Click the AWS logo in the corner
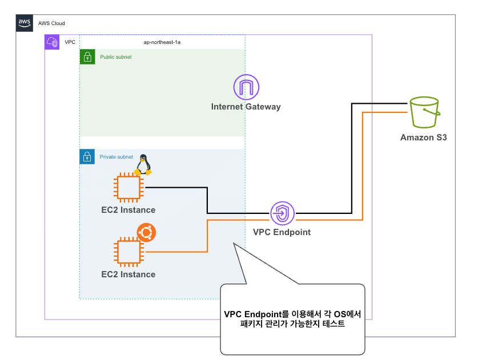coord(24,23)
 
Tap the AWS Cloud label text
coord(51,23)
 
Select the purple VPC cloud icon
coord(52,42)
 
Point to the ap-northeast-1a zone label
coord(162,42)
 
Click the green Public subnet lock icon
coord(87,56)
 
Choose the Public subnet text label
coord(116,57)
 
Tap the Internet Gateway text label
coord(246,107)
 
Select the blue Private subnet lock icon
coord(87,157)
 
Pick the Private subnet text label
coord(117,157)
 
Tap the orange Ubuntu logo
coord(147,232)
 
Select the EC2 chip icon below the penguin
coord(128,188)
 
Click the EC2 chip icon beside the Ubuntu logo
coord(128,252)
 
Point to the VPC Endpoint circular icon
coord(282,214)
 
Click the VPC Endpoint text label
coord(282,232)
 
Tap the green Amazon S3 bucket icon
coord(425,114)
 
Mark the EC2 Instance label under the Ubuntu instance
coord(128,274)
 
